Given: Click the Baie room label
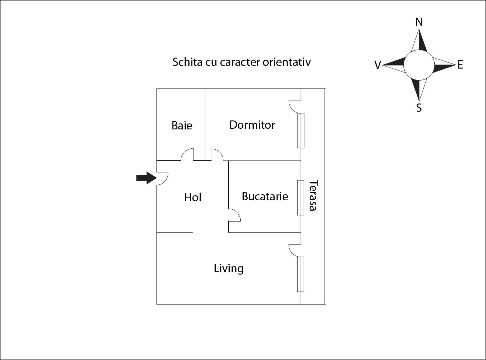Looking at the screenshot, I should tap(182, 125).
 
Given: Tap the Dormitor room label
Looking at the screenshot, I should tap(252, 125).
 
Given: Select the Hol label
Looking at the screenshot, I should tap(193, 197).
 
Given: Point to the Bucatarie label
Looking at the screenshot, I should tap(265, 196).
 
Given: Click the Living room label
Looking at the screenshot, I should tap(229, 268).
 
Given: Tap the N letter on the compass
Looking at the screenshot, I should tap(419, 22).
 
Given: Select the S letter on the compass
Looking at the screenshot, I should tap(419, 108).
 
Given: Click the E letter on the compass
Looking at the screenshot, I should tap(460, 65).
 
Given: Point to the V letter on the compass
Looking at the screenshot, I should tap(377, 65).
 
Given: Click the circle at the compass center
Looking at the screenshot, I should tap(419, 65).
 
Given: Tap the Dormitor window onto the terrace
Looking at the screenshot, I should tap(301, 130).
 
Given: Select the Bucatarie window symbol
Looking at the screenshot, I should tap(301, 198).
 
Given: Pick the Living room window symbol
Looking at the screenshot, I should tap(301, 274).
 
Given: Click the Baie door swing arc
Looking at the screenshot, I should tap(187, 154).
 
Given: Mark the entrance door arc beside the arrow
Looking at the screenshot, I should tap(163, 179).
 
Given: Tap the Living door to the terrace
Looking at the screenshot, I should tap(294, 251).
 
